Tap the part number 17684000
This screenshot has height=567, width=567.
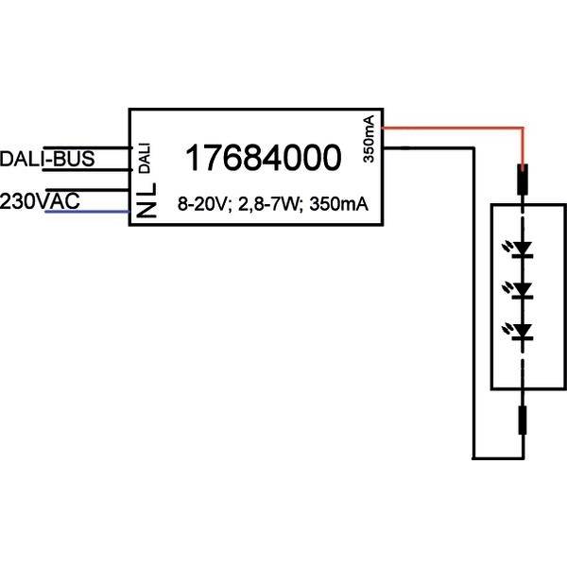coord(261,159)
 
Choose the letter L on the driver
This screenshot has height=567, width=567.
coord(145,196)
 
